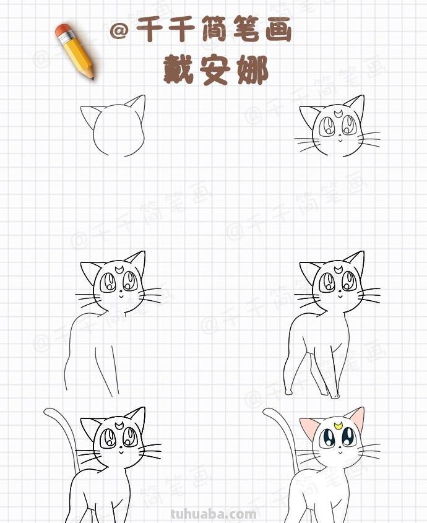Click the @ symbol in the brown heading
(x=119, y=31)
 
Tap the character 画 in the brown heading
(x=276, y=30)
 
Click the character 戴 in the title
(x=179, y=70)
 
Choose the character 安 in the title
(x=215, y=70)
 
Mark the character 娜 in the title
(x=252, y=70)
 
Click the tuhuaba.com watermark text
(x=213, y=514)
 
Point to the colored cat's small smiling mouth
(x=339, y=460)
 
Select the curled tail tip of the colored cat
(x=266, y=411)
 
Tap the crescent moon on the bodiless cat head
(x=338, y=113)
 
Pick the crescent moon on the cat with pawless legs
(x=118, y=269)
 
